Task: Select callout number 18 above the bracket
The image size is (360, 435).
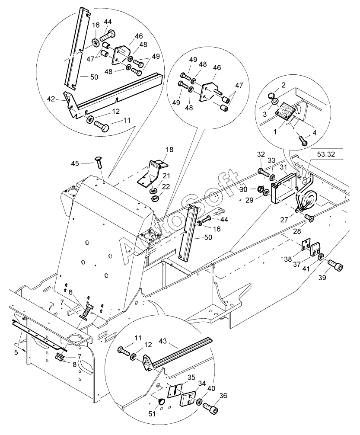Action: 169,150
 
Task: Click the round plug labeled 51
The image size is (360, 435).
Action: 161,401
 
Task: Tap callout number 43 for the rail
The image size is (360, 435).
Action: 163,341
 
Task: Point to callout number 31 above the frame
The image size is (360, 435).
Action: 283,167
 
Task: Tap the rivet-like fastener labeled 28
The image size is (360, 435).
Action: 309,218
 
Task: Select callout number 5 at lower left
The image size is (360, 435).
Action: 16,352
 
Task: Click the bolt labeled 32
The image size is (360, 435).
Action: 263,173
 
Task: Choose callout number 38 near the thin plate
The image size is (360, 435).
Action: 288,259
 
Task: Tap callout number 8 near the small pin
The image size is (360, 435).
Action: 74,365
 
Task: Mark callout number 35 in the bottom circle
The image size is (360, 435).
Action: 191,377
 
